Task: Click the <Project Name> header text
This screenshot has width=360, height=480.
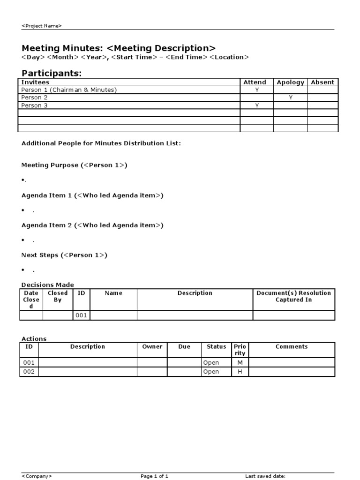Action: point(41,26)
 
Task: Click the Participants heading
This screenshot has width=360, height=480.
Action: point(52,73)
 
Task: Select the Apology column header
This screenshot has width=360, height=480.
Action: point(290,82)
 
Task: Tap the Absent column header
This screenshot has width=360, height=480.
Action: point(322,82)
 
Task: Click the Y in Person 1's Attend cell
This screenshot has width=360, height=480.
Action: point(257,90)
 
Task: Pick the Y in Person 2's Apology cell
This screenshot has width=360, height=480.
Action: point(291,97)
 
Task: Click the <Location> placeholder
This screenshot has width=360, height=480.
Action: point(229,57)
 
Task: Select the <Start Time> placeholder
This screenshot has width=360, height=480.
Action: point(134,57)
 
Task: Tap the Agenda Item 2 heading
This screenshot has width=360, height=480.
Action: point(92,225)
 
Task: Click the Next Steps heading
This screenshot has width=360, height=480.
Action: point(64,255)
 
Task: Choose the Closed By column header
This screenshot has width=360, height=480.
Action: point(58,296)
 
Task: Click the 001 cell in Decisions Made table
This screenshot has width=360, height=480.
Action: point(81,315)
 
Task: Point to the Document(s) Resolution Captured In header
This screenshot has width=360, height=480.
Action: point(293,296)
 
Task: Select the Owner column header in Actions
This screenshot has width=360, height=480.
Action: point(152,346)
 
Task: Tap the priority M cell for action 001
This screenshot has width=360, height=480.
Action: point(240,362)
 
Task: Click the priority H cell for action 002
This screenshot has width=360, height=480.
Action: point(240,372)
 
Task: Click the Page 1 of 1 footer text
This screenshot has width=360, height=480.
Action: point(154,476)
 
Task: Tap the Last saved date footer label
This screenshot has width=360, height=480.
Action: point(265,476)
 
